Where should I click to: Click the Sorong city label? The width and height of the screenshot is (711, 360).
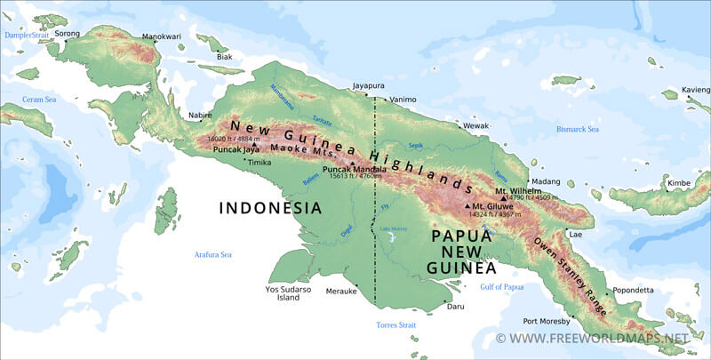67,34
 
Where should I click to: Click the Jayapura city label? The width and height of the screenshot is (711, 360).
368,86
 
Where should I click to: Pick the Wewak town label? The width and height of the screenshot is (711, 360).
476,126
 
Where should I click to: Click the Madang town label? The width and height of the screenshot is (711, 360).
545,181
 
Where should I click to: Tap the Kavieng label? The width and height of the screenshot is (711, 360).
695,90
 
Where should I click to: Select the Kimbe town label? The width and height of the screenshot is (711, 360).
679,182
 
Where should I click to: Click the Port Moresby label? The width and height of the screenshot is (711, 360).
547,321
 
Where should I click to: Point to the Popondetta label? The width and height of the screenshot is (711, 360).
633,289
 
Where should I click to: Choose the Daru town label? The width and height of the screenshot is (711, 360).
455,307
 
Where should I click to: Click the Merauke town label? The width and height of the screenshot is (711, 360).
341,291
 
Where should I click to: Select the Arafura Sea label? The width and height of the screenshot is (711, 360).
213,255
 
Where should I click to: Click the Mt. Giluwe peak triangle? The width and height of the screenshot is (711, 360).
467,207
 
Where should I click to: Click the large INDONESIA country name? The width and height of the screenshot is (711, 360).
270,208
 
